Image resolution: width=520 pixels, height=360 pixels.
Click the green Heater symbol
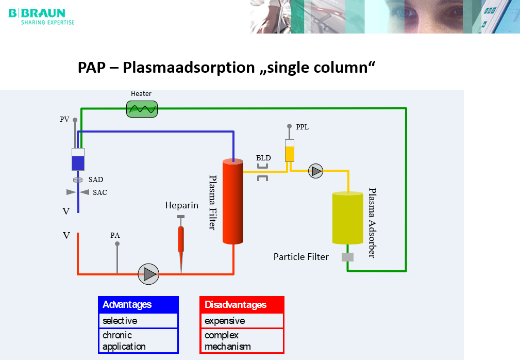coord(142,109)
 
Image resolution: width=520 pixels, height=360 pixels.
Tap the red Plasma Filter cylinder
coord(233,202)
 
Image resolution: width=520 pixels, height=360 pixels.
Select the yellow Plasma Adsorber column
coord(348,218)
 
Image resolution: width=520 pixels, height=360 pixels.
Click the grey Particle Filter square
coord(347,257)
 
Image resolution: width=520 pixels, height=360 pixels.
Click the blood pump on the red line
coord(148,274)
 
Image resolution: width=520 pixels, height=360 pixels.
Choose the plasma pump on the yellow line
coord(316,171)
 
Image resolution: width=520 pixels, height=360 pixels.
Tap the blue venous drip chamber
coord(78,159)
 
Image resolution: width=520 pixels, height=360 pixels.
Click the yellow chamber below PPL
coord(290,151)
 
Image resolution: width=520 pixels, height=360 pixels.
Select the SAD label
coord(96,179)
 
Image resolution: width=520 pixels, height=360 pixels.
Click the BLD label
coord(263,158)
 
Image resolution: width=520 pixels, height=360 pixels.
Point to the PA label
coord(115,235)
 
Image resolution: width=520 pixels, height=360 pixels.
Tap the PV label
coord(64,119)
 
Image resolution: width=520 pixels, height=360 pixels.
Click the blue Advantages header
coord(138,305)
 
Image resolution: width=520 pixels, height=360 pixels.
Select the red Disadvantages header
coord(242,305)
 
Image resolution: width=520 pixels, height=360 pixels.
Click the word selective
coord(120,321)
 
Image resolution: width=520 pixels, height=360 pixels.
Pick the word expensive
coord(225,321)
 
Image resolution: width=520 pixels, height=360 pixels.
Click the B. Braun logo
coord(41,17)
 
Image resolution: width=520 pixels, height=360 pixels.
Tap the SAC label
coord(100,192)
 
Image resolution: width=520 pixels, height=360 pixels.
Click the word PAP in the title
coord(92,68)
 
